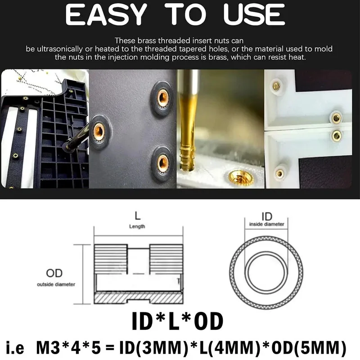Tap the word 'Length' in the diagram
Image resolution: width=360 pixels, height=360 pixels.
point(137,227)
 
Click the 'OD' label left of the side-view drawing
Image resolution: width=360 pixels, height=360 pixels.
point(54,273)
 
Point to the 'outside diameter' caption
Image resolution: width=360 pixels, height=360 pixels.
point(56,284)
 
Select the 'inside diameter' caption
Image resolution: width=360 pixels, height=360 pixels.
point(266,224)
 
